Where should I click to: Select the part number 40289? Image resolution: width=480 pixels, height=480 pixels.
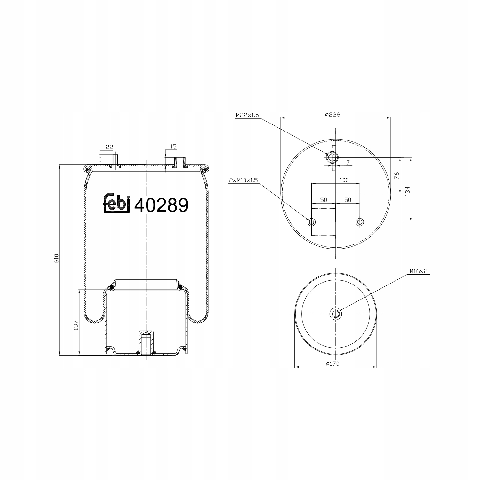161,205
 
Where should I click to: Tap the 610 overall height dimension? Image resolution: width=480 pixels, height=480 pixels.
57,258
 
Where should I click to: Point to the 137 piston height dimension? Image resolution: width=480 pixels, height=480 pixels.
76,325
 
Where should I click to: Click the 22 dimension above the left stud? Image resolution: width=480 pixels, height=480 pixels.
109,147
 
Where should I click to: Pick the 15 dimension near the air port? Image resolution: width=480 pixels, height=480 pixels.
173,147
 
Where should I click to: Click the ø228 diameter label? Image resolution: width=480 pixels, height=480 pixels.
332,115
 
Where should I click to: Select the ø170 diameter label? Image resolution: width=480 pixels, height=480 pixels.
332,363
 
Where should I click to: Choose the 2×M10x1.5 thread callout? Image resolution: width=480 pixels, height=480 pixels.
244,180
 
